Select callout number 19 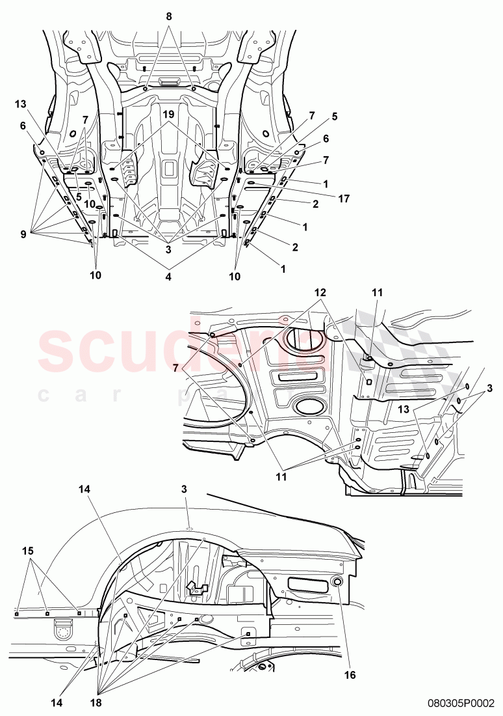[168, 114]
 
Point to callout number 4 [169, 277]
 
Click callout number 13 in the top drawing [21, 105]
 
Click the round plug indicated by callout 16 [338, 582]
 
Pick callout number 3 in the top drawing [168, 248]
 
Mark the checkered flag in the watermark [403, 351]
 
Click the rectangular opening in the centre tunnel [169, 169]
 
